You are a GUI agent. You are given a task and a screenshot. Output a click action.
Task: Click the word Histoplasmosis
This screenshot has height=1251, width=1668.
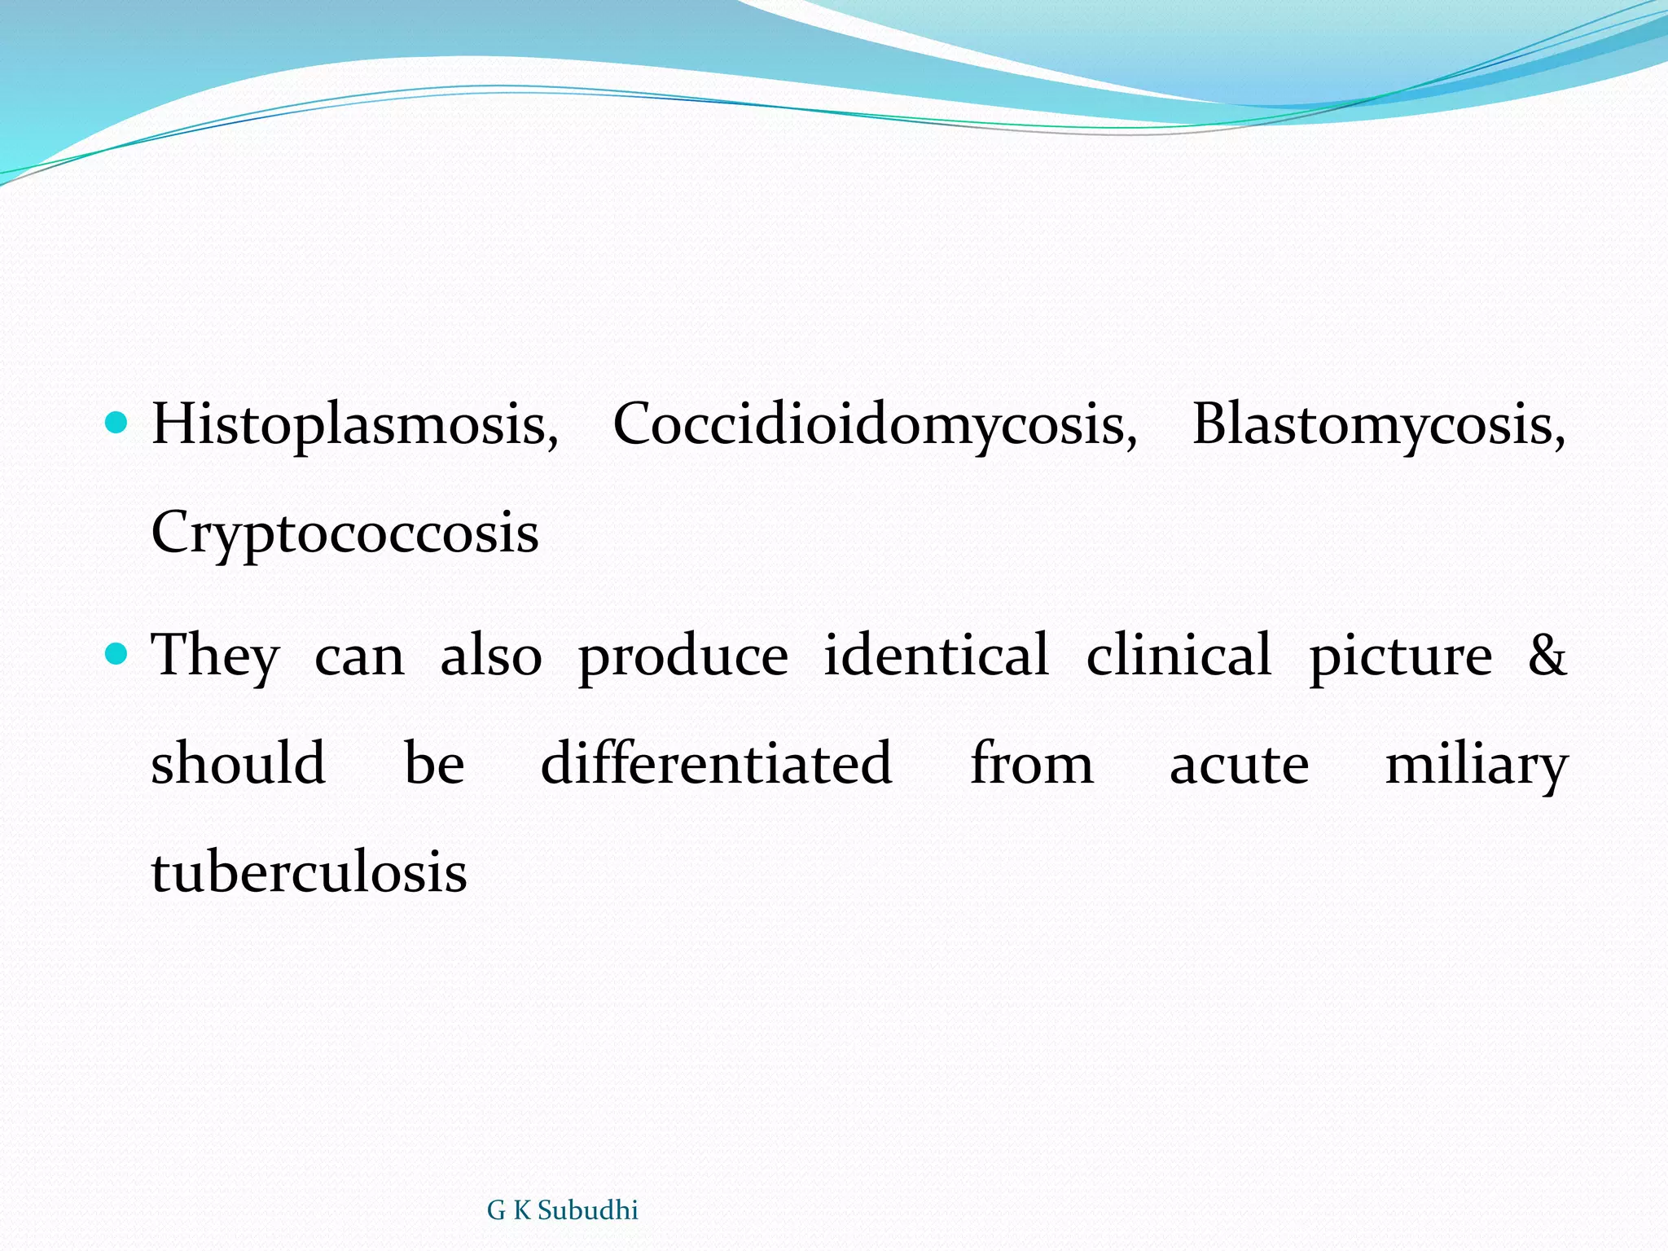coord(354,425)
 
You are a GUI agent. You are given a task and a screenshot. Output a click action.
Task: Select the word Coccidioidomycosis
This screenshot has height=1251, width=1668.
coord(874,425)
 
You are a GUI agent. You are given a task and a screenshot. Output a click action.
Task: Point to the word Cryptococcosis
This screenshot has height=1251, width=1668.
coord(345,534)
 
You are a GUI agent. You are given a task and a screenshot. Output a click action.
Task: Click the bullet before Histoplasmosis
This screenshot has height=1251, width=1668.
coord(118,422)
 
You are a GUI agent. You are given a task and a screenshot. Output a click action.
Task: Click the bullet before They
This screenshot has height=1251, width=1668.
coord(118,652)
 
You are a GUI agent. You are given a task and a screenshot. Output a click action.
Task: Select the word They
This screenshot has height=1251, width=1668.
coord(216,656)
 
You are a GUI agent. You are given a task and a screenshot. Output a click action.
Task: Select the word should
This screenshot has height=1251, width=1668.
coord(239,763)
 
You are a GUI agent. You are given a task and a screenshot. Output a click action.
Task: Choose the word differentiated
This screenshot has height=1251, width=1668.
coord(716,763)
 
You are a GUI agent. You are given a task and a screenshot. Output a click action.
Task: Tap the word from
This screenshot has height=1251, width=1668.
coord(1031,763)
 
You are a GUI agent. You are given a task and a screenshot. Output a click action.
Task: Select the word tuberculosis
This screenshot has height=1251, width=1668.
coord(309,872)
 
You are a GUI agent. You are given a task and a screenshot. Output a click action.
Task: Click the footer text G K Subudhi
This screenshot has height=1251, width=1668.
coord(562,1210)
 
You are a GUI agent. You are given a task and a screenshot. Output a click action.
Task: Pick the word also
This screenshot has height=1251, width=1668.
coord(491,656)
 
